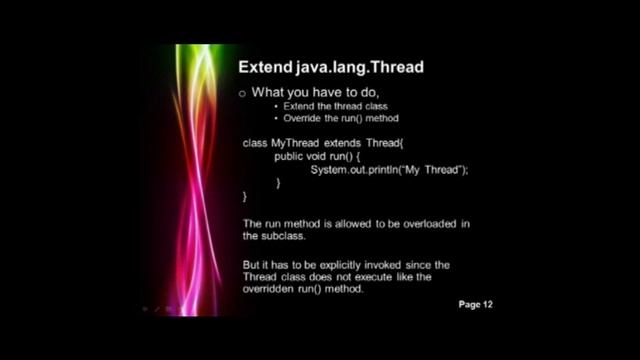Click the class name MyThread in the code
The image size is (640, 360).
[x=298, y=144]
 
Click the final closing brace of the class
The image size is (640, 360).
[x=246, y=196]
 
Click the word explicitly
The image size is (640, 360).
[x=353, y=264]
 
